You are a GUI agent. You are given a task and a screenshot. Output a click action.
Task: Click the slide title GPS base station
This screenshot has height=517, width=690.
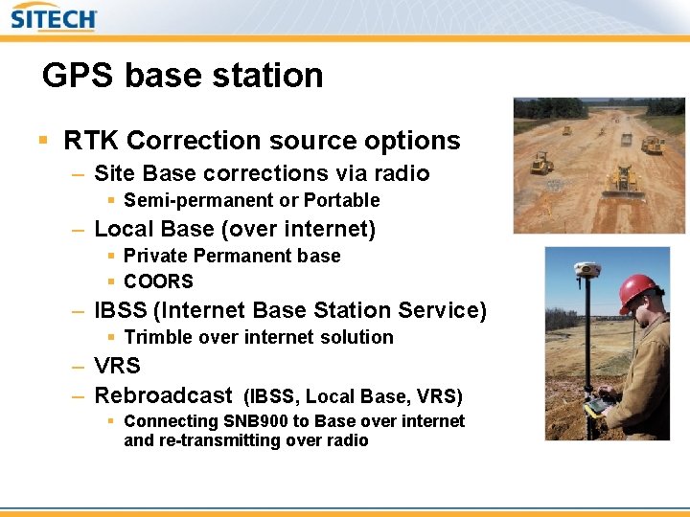click(x=182, y=75)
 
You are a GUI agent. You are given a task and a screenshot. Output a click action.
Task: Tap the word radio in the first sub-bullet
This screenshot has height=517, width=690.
click(x=403, y=173)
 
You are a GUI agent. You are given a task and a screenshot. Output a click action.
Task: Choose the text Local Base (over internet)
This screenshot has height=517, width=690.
click(x=235, y=229)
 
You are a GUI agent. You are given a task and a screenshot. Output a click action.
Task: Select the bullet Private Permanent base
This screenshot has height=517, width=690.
click(x=232, y=256)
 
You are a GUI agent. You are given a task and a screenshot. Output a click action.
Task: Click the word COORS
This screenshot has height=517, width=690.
click(x=158, y=281)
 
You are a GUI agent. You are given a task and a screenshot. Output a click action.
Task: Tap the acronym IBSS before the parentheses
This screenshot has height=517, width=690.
click(x=121, y=310)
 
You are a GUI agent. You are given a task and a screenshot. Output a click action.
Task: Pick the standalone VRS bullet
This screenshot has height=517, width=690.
click(x=117, y=366)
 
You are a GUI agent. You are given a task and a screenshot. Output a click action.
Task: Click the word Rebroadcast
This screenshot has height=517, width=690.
click(x=163, y=394)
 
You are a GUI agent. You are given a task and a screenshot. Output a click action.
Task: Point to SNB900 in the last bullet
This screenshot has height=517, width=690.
click(x=257, y=421)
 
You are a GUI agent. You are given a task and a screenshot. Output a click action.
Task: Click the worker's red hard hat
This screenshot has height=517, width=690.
click(x=638, y=289)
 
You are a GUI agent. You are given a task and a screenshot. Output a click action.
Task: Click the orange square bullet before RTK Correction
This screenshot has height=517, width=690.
click(x=42, y=141)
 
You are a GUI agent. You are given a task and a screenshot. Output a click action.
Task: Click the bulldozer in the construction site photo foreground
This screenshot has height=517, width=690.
click(x=621, y=180)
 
